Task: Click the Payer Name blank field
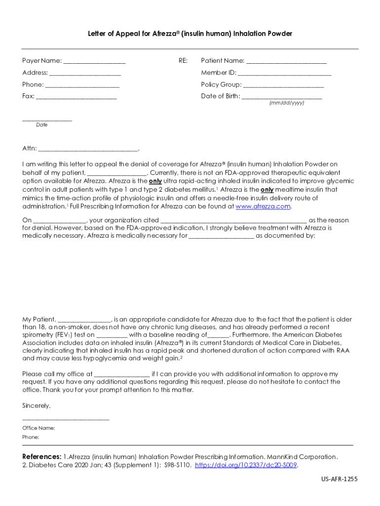(94, 61)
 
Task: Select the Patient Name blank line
(286, 61)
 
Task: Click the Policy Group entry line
(283, 85)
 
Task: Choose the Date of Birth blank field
(282, 97)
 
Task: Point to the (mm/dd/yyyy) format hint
(287, 103)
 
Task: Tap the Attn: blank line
(88, 149)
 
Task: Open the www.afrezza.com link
(263, 207)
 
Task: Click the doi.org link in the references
(246, 465)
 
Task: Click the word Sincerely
(37, 406)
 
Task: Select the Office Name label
(38, 428)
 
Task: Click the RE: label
(183, 61)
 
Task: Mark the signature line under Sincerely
(66, 419)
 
